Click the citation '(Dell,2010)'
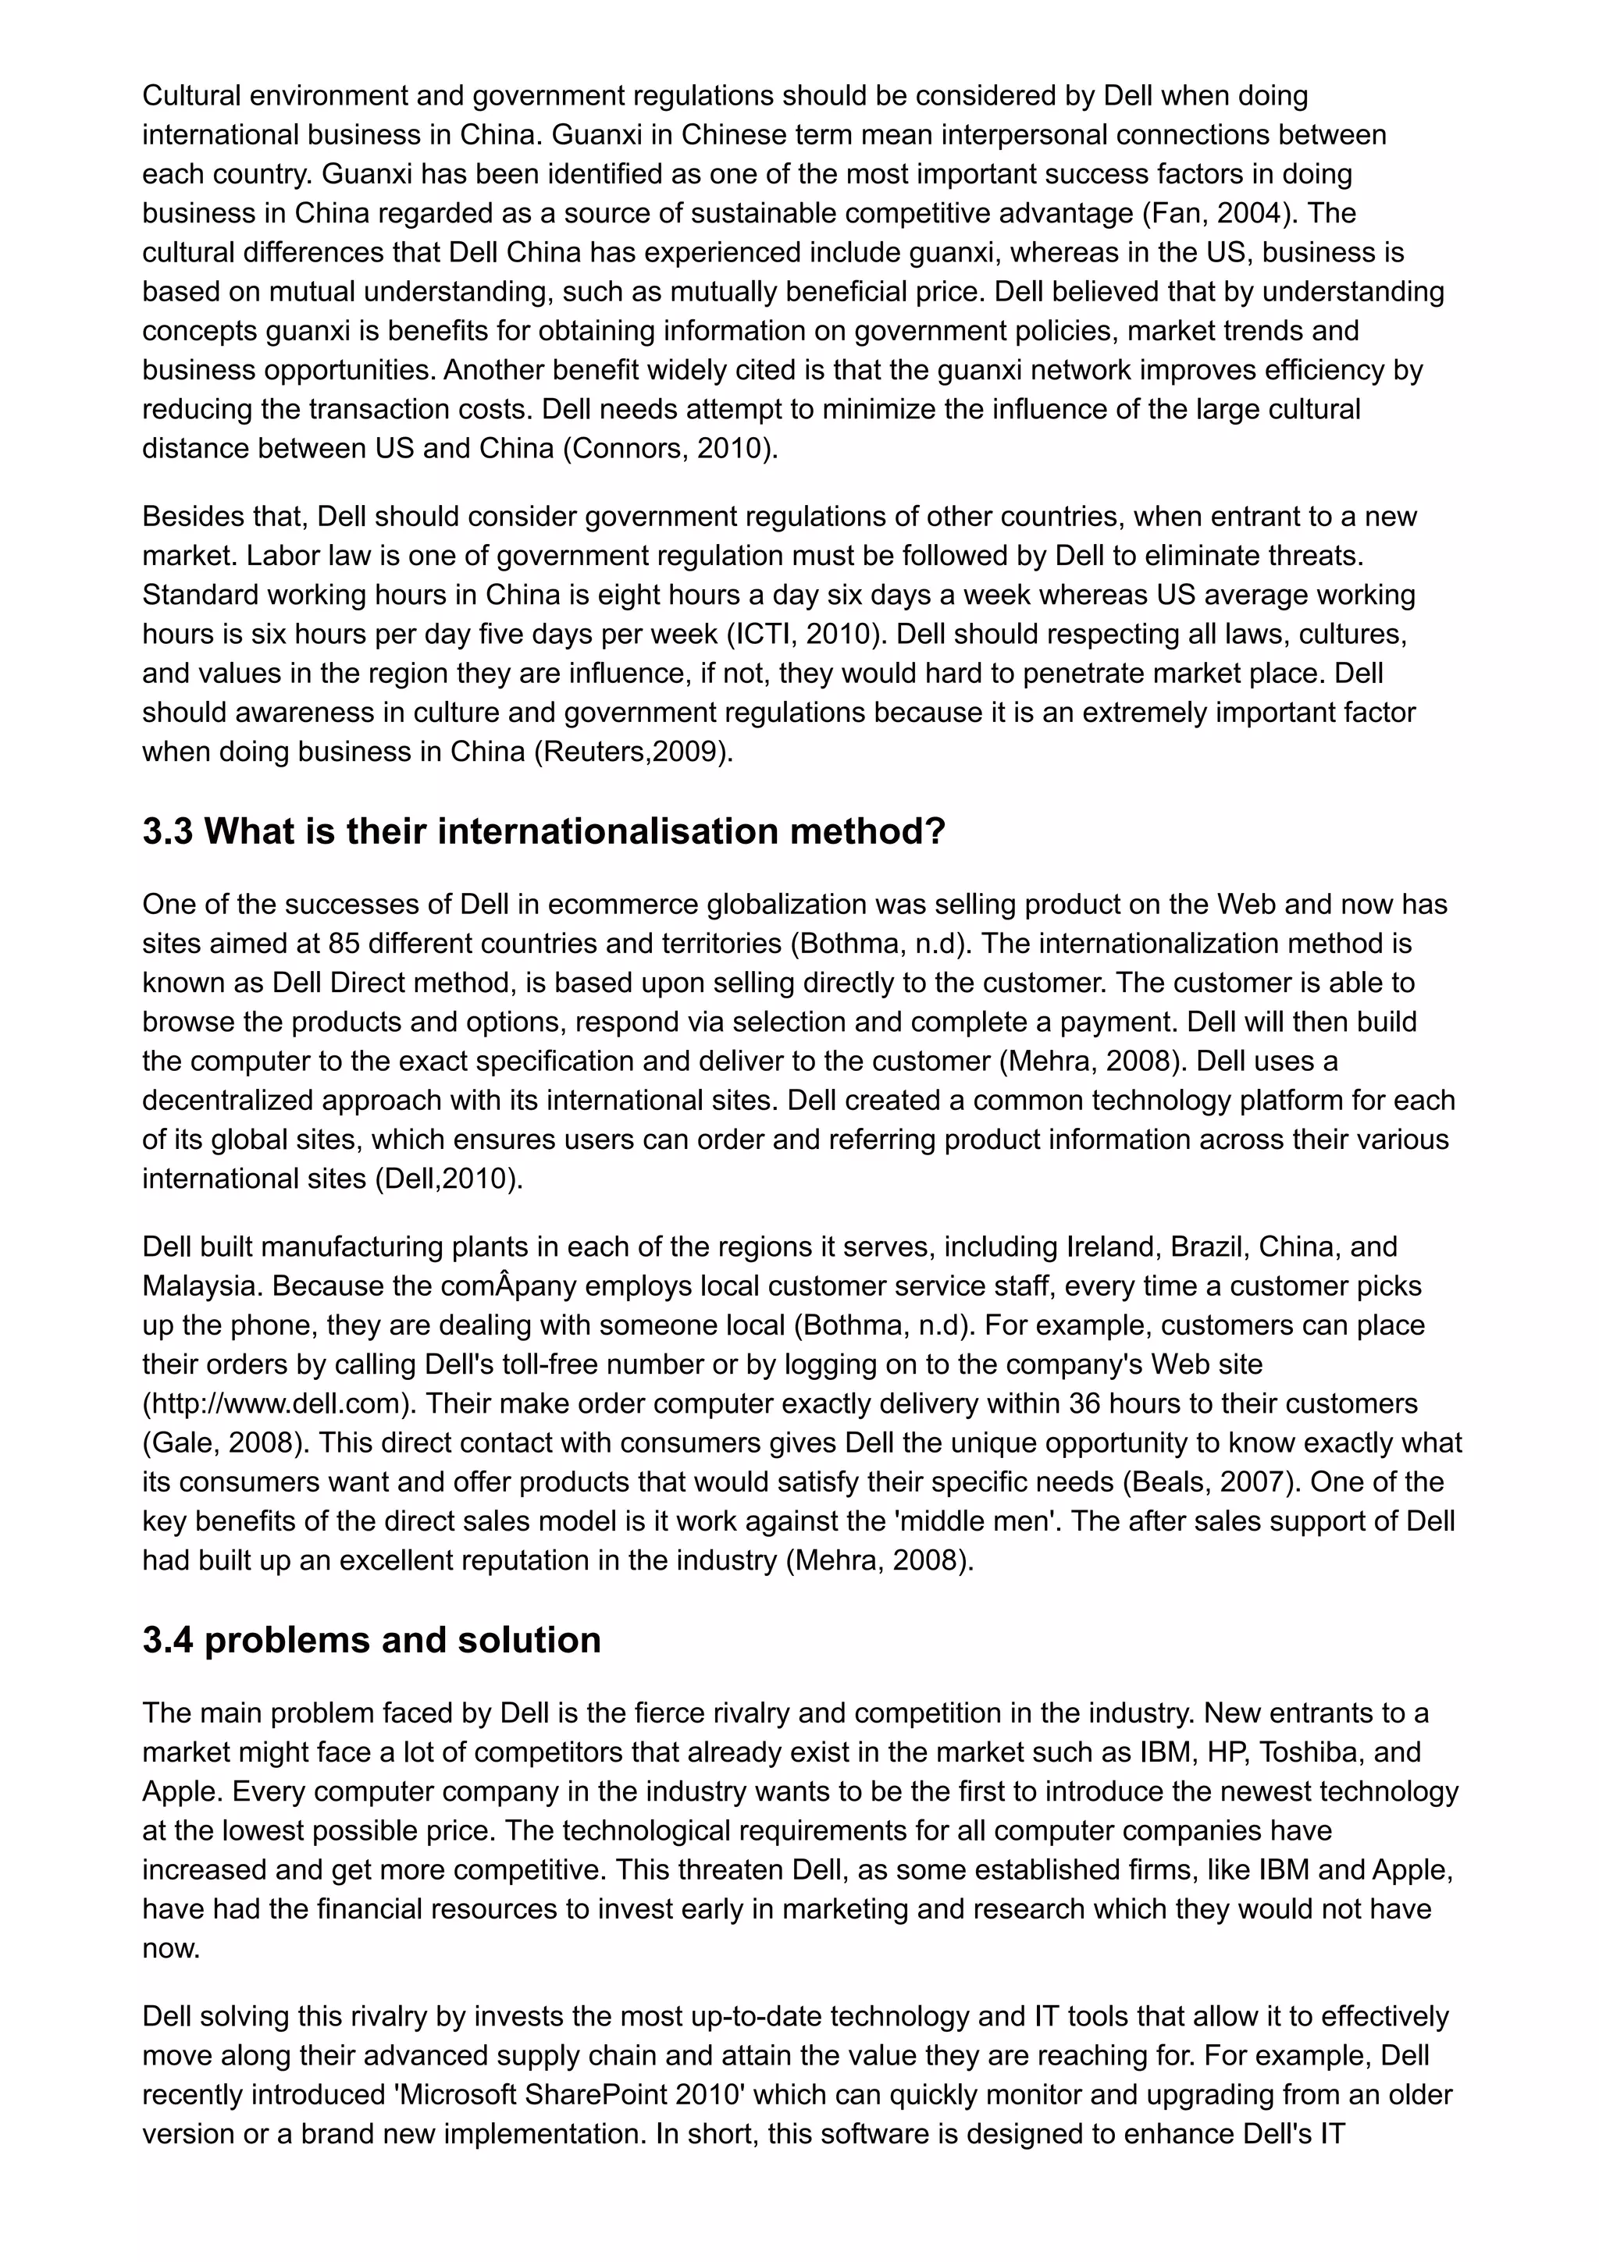pyautogui.click(x=447, y=1179)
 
